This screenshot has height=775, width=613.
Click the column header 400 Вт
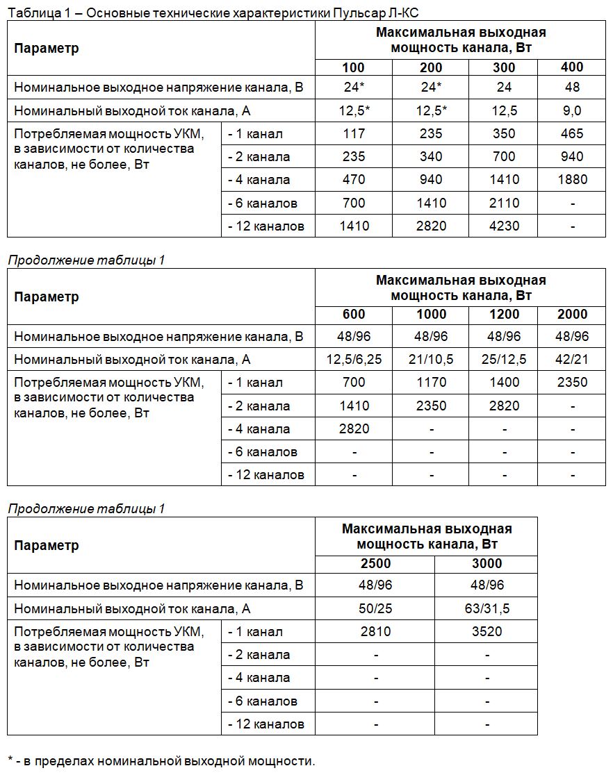pyautogui.click(x=572, y=67)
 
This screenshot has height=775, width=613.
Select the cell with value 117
pyautogui.click(x=353, y=133)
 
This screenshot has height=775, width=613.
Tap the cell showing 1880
pyautogui.click(x=572, y=180)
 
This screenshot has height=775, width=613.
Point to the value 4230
pyautogui.click(x=504, y=226)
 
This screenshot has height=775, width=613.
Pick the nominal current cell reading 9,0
pyautogui.click(x=572, y=110)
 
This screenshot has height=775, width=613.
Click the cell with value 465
pyautogui.click(x=572, y=133)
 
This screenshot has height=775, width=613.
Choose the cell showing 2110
pyautogui.click(x=504, y=203)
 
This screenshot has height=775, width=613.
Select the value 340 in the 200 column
pyautogui.click(x=431, y=157)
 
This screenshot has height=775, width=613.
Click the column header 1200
pyautogui.click(x=504, y=314)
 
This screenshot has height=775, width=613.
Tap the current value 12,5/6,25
pyautogui.click(x=353, y=359)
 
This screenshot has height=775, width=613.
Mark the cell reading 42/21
pyautogui.click(x=572, y=359)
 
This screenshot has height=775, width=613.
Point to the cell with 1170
pyautogui.click(x=431, y=382)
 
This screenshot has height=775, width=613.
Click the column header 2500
pyautogui.click(x=375, y=563)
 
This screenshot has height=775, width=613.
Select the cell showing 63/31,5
pyautogui.click(x=487, y=608)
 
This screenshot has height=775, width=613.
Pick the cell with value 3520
pyautogui.click(x=487, y=631)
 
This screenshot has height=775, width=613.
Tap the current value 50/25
pyautogui.click(x=375, y=608)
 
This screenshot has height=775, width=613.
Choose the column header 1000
pyautogui.click(x=431, y=314)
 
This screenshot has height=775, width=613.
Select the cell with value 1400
pyautogui.click(x=504, y=382)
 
